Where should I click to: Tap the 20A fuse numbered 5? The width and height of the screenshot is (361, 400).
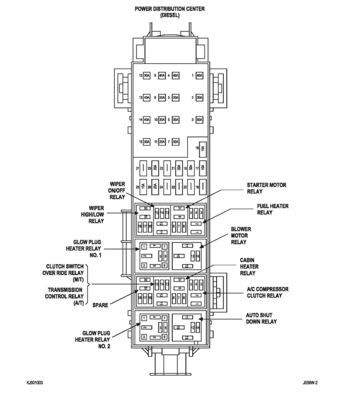click(x=176, y=98)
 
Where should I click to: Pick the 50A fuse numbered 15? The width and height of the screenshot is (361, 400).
click(x=147, y=142)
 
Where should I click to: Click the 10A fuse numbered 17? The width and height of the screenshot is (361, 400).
click(x=203, y=168)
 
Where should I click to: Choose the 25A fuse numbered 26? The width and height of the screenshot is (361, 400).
click(x=155, y=186)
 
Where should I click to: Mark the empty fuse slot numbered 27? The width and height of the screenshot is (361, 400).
click(x=143, y=168)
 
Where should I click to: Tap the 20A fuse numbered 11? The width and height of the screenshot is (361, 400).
click(x=162, y=142)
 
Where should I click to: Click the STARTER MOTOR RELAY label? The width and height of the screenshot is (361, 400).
click(x=266, y=188)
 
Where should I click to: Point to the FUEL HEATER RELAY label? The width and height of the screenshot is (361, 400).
click(x=273, y=209)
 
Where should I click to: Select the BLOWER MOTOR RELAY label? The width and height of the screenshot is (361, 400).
click(x=241, y=235)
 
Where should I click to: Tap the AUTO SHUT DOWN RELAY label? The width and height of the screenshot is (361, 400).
click(x=261, y=318)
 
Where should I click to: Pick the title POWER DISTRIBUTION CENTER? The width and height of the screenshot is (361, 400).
click(x=170, y=9)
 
